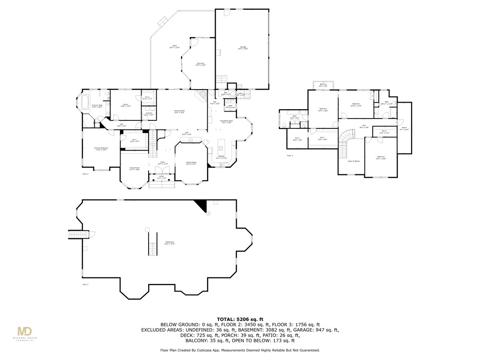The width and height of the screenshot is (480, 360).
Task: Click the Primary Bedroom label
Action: (x=101, y=149)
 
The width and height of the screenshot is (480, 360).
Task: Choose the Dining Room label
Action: (x=191, y=164)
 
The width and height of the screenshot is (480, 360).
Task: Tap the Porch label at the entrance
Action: (x=161, y=177)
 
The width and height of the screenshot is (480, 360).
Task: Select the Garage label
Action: (x=243, y=48)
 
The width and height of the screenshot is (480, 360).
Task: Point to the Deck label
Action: (x=174, y=46)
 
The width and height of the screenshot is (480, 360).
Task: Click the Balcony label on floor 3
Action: (x=323, y=85)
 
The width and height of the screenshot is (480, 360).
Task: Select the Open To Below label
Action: (x=353, y=161)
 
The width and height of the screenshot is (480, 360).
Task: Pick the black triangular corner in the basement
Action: (x=202, y=205)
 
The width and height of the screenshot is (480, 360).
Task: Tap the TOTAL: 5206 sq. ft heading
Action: (x=240, y=319)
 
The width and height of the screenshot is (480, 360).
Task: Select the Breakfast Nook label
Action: (x=226, y=121)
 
